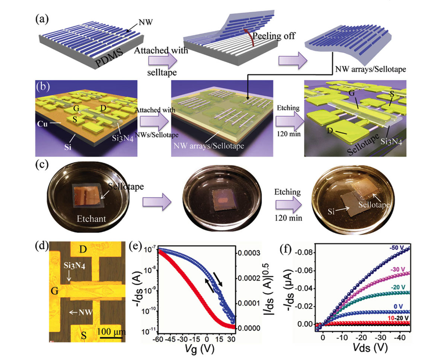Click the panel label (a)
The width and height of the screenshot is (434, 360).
[42, 19]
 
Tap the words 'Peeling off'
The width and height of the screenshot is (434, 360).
[273, 36]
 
